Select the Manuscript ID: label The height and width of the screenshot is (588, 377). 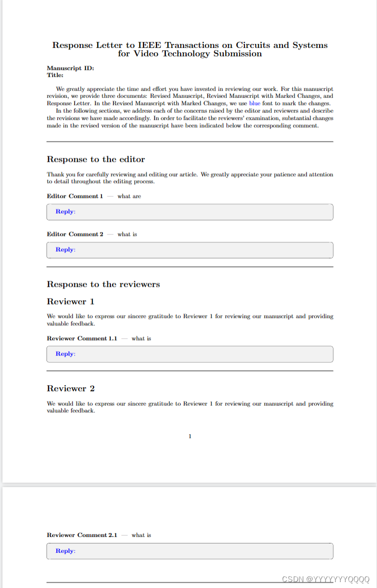pyautogui.click(x=70, y=68)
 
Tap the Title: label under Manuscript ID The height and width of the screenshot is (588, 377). pyautogui.click(x=55, y=75)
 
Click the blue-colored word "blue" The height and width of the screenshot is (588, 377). pyautogui.click(x=254, y=103)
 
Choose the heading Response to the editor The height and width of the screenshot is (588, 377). pyautogui.click(x=95, y=159)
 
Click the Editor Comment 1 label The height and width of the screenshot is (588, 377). pyautogui.click(x=75, y=196)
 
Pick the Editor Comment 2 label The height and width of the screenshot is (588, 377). pyautogui.click(x=75, y=234)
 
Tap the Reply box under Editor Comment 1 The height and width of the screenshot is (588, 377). pyautogui.click(x=189, y=212)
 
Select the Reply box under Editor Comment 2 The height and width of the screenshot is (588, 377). pyautogui.click(x=189, y=250)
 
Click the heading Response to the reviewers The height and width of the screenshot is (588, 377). pyautogui.click(x=103, y=284)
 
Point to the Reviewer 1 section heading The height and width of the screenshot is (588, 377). pyautogui.click(x=70, y=302)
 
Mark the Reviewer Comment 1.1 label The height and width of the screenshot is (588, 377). pyautogui.click(x=82, y=339)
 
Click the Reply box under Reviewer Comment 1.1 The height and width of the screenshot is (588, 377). pyautogui.click(x=189, y=354)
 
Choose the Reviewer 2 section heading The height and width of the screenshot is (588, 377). pyautogui.click(x=70, y=389)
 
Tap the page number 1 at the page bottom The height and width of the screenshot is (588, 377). pyautogui.click(x=190, y=436)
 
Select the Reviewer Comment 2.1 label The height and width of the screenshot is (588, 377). pyautogui.click(x=82, y=535)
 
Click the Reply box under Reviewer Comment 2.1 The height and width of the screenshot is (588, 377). pyautogui.click(x=189, y=551)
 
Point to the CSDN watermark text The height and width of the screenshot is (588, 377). pyautogui.click(x=326, y=579)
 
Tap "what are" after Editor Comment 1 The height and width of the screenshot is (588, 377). pyautogui.click(x=129, y=196)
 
